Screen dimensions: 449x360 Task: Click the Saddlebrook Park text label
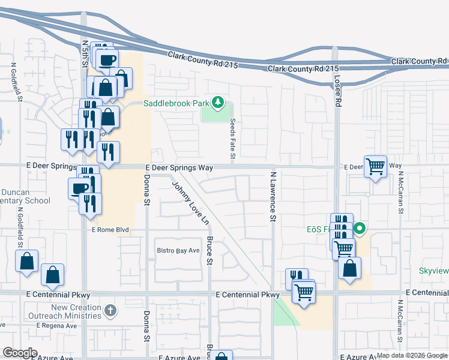tap(175, 103)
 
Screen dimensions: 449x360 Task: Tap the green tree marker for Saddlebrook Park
tap(218, 103)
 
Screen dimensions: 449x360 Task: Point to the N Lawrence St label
tap(273, 197)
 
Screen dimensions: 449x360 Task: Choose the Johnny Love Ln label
tap(190, 204)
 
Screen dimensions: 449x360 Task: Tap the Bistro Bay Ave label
tap(178, 250)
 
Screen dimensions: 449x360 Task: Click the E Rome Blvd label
tap(110, 230)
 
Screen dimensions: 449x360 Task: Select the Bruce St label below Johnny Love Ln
tap(209, 251)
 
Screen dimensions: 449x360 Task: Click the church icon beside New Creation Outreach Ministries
tap(109, 310)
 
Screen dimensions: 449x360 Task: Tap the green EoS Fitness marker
tap(360, 229)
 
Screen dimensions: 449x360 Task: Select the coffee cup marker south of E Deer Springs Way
tap(79, 188)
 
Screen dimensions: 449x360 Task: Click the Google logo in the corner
tap(20, 353)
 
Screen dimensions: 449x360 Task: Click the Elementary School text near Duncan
tap(24, 201)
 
